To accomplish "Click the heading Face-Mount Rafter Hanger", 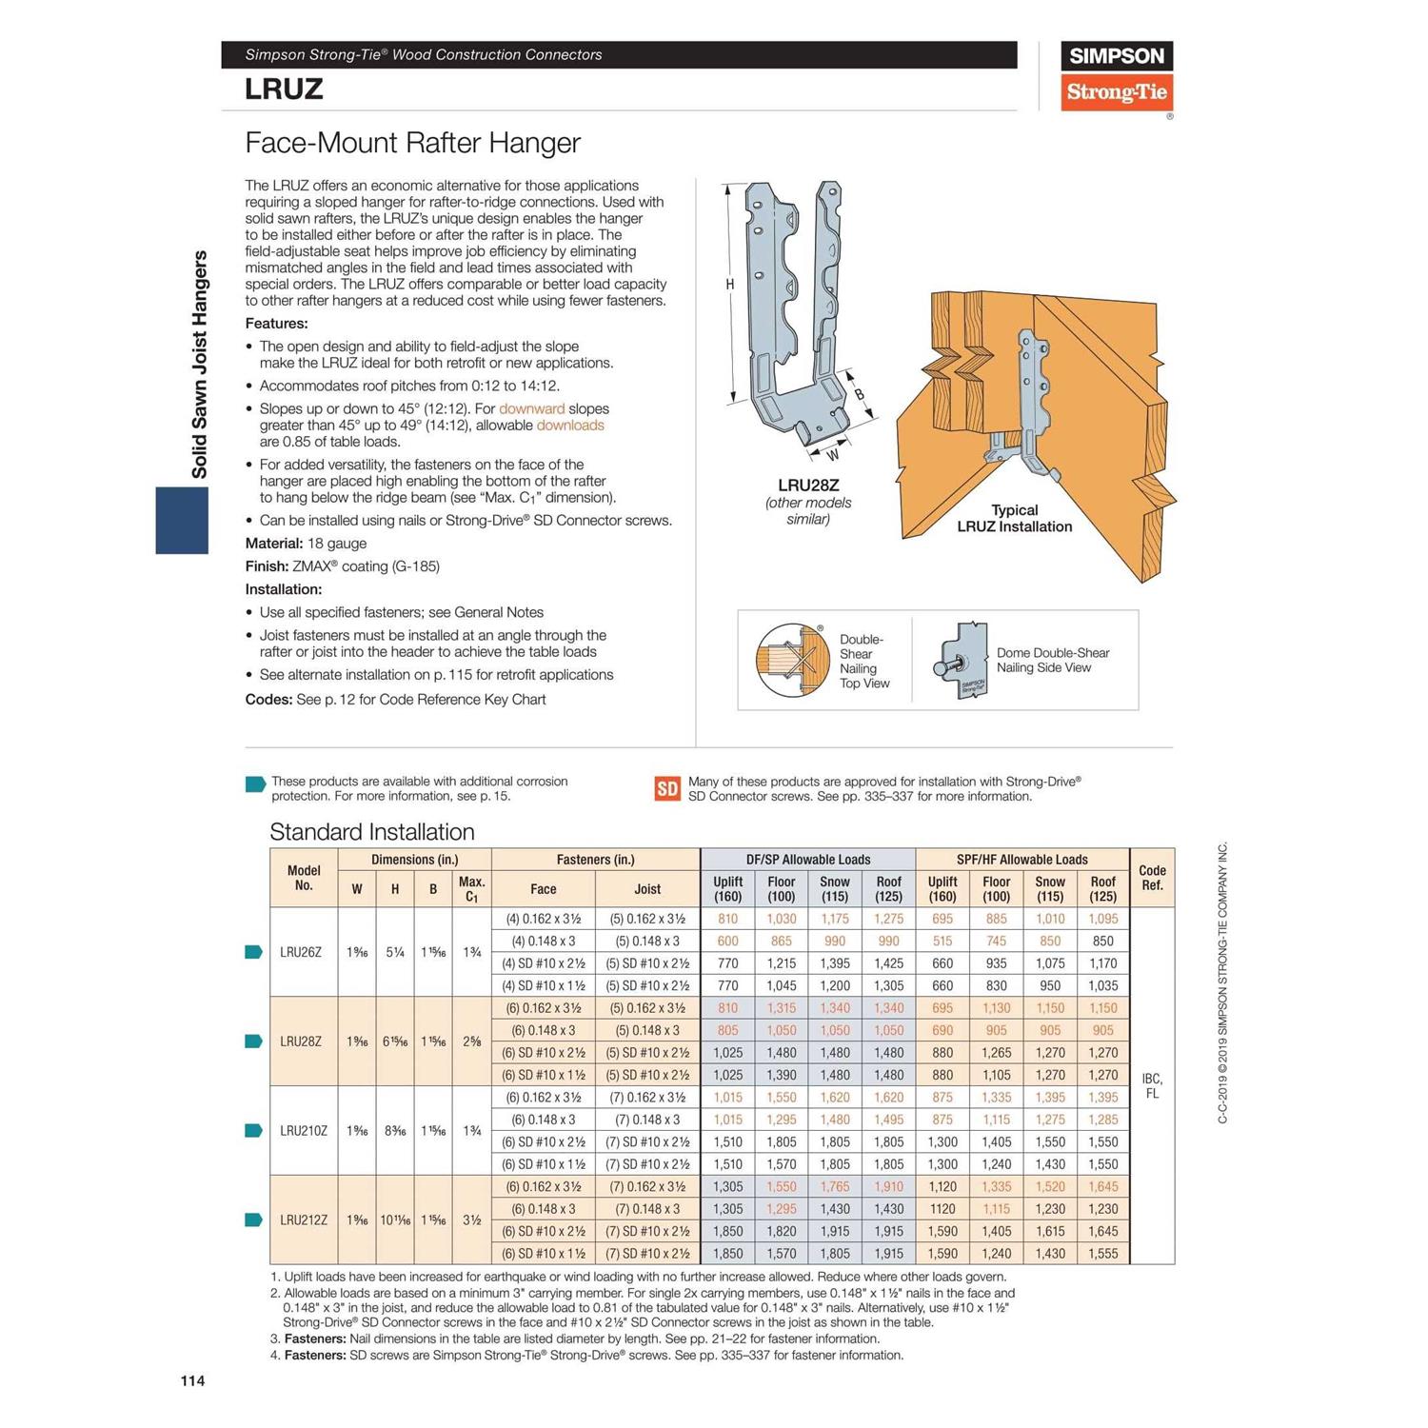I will coord(412,143).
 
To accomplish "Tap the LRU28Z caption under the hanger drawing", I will coord(808,486).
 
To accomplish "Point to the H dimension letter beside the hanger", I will coord(730,285).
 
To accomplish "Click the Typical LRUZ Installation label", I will coord(1014,519).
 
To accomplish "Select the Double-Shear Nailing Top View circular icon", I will coord(789,660).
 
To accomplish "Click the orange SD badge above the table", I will coord(667,788).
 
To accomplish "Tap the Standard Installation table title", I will coord(371,832).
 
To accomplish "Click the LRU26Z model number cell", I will coord(301,952).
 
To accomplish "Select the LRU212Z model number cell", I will coord(304,1220).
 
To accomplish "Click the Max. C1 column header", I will coord(471,889).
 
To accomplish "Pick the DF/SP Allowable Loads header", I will coord(807,860).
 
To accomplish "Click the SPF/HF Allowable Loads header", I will coord(1021,860).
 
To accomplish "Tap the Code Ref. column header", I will coord(1152,878).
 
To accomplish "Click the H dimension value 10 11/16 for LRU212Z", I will coord(395,1220).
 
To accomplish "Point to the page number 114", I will coord(192,1380).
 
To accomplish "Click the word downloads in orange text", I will coord(570,426).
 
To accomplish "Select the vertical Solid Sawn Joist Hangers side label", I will coord(199,365).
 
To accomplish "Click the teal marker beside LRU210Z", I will coord(254,1131).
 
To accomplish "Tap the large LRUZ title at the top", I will coord(284,89).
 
